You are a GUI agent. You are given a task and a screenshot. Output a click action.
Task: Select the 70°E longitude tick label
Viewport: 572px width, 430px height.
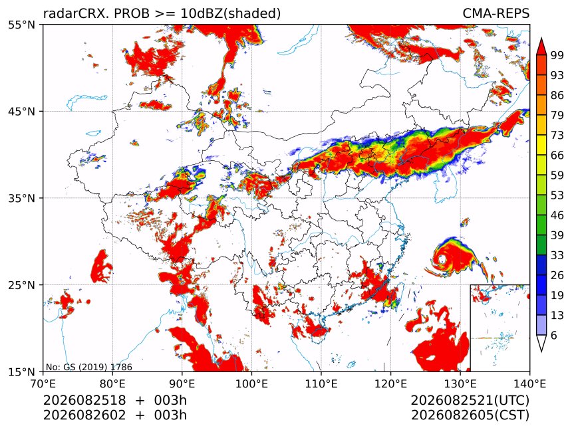coord(43,383)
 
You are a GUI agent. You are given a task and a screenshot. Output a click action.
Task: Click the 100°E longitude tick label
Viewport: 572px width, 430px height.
coord(251,383)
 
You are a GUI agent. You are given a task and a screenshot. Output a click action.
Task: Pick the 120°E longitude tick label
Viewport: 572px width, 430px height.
coord(390,383)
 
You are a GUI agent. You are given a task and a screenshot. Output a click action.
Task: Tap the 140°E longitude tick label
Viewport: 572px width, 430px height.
coord(529,383)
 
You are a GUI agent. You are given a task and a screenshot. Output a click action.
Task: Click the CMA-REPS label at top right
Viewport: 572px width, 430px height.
coord(496,13)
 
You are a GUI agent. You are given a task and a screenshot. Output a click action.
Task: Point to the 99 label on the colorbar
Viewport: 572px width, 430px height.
coord(557,55)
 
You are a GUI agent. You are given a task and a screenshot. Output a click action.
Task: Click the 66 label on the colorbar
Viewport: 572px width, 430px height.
coord(557,156)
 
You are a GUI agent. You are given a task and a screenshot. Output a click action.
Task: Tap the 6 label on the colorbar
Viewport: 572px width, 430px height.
coord(554,335)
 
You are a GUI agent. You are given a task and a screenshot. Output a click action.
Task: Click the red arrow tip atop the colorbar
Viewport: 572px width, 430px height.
coord(541,39)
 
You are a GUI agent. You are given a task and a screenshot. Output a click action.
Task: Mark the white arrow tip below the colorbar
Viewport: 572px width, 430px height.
coord(541,352)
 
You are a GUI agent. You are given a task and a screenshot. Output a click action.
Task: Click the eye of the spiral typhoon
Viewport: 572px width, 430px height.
coord(442,259)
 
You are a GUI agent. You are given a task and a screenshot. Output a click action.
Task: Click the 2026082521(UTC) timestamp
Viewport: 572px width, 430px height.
coord(470,400)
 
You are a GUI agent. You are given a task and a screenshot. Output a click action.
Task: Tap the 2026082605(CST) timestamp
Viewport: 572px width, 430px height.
coord(470,415)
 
